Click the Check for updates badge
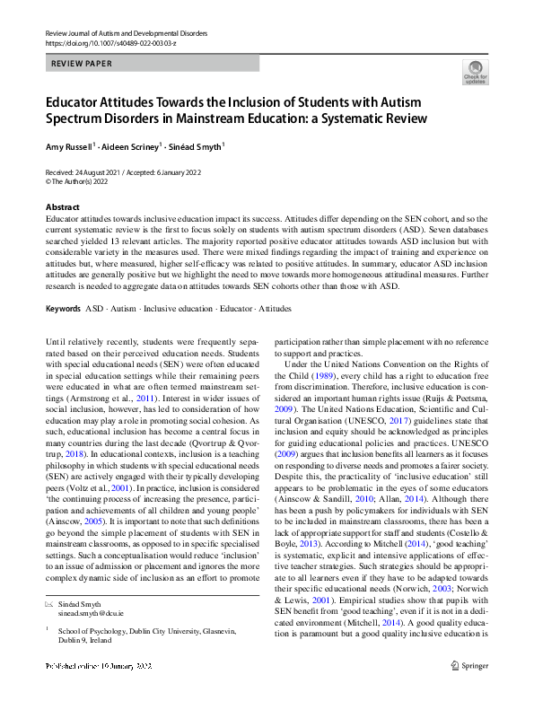(475, 72)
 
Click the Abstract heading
(62, 207)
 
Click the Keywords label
(63, 309)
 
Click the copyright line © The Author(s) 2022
(88, 180)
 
